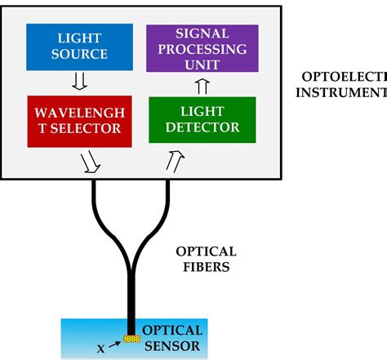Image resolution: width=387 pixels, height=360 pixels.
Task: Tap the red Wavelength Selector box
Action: point(78,119)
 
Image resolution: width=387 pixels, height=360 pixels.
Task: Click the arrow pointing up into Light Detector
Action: point(174,161)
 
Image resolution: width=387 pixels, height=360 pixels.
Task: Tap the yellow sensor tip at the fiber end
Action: point(131,337)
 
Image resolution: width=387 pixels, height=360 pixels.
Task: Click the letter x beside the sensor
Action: point(101,348)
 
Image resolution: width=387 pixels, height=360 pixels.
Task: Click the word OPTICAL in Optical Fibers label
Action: point(207,251)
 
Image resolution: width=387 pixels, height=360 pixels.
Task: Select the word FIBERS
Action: point(207,266)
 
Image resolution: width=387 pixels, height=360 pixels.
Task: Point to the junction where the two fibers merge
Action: point(131,273)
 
